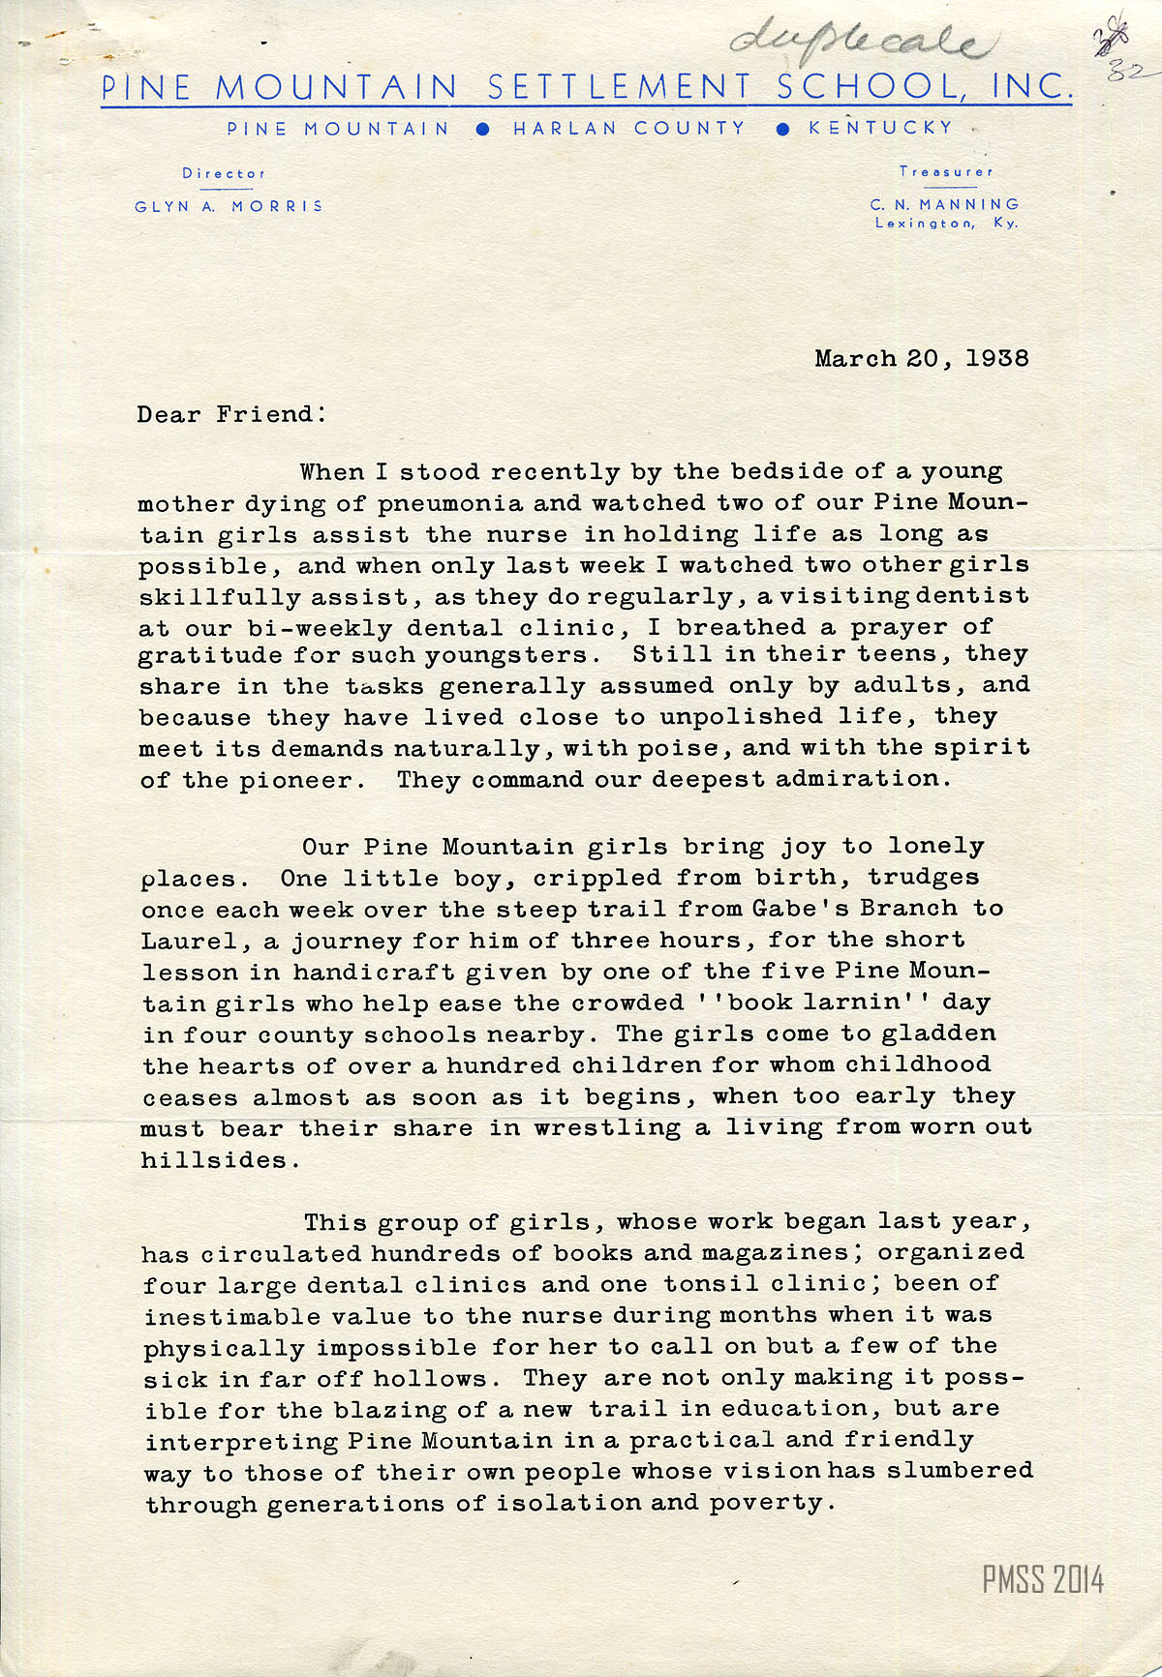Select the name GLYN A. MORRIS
[229, 206]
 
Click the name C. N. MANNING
[944, 204]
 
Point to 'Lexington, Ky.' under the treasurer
[945, 224]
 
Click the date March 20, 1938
[921, 359]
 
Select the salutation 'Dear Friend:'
[231, 415]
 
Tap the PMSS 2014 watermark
[1042, 1580]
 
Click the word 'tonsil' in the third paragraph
[710, 1284]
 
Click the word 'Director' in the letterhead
[223, 174]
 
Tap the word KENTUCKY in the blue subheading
[880, 128]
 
